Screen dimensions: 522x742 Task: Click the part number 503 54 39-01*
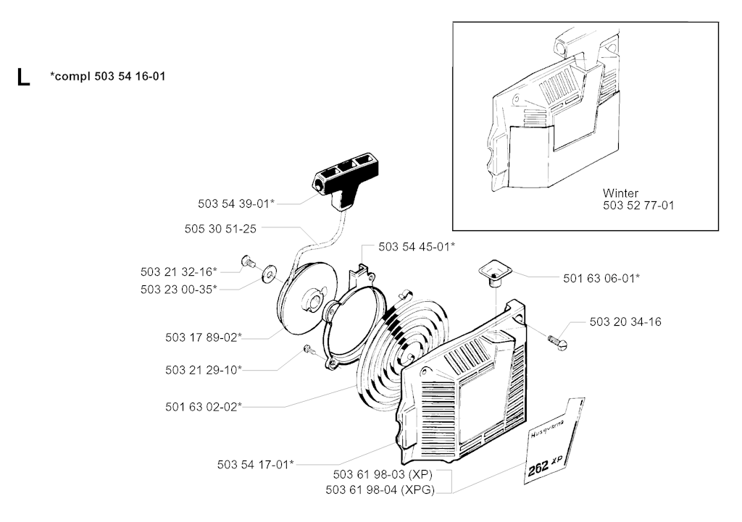236,204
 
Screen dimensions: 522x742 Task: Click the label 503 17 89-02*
204,337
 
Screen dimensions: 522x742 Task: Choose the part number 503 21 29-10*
204,370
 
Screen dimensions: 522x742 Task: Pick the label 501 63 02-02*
204,406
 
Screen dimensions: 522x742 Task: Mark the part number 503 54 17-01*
256,464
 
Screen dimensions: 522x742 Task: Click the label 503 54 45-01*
417,247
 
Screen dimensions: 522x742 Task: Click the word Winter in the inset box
620,193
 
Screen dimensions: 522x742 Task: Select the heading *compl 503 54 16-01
108,75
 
